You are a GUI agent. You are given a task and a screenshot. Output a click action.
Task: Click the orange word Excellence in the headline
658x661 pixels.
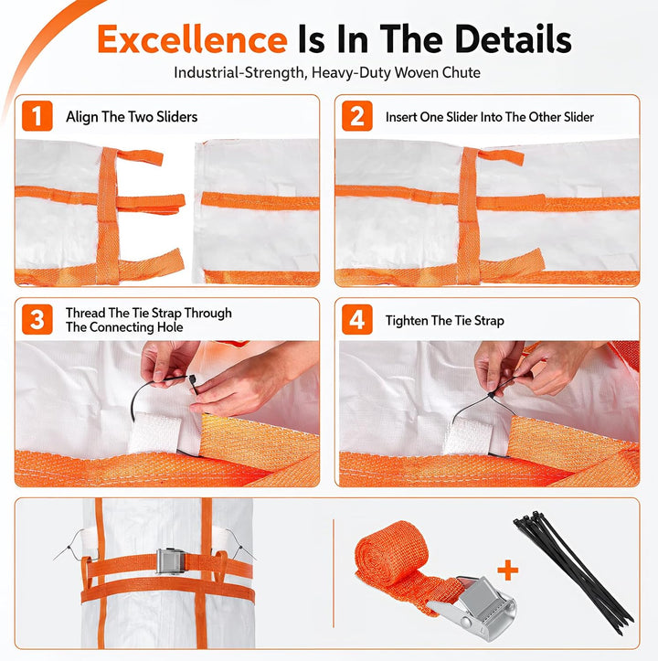[x=192, y=39]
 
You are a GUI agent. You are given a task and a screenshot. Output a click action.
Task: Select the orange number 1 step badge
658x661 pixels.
[x=37, y=116]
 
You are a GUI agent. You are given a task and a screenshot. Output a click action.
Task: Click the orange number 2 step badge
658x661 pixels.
[x=357, y=116]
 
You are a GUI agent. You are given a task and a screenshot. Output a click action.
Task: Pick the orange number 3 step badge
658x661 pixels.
[x=37, y=320]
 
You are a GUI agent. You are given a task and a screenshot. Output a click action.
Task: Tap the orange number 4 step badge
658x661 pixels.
[x=357, y=320]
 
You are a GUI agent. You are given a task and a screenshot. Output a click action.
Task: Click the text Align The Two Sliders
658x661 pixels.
[x=132, y=117]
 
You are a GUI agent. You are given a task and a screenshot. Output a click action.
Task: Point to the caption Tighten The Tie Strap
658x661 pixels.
[x=445, y=320]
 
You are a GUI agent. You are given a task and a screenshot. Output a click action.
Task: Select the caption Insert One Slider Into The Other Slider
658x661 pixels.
[x=490, y=117]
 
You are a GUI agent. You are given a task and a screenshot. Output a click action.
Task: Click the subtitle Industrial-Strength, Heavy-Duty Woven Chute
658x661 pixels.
[x=327, y=72]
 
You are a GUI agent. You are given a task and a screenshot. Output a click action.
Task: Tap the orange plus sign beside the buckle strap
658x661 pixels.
[x=507, y=570]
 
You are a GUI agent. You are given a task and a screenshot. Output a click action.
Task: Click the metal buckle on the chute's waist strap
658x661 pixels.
[x=171, y=561]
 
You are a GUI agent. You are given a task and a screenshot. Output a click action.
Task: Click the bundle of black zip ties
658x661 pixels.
[x=573, y=572]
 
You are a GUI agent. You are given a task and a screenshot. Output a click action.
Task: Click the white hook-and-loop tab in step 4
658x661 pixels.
[x=468, y=437]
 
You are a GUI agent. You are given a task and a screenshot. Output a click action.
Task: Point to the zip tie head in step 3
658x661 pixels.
[x=192, y=378]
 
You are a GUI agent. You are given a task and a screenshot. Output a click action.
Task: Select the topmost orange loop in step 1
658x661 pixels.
[x=139, y=157]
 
